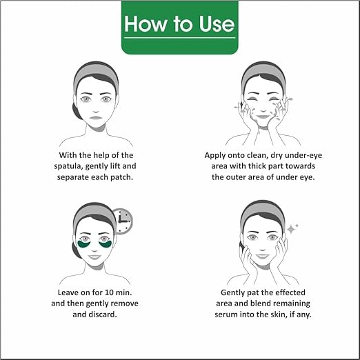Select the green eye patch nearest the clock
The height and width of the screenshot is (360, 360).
106,243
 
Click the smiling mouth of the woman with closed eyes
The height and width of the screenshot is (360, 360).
266,119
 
